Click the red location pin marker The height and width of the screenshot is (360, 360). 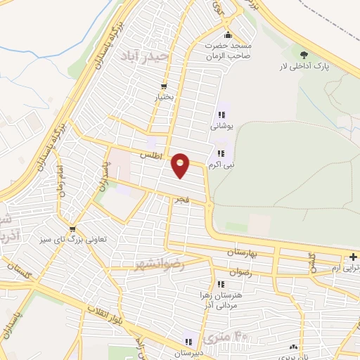click(181, 165)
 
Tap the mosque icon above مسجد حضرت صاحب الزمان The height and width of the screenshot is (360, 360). click(227, 36)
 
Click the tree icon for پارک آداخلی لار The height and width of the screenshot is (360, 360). click(304, 55)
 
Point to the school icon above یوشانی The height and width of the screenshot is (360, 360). click(221, 115)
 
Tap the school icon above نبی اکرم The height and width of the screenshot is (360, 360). click(221, 153)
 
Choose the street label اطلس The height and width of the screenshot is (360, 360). click(151, 153)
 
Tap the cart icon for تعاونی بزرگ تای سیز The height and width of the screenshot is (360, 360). click(72, 229)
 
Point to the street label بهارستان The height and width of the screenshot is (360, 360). click(243, 251)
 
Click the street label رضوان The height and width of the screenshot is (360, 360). click(240, 271)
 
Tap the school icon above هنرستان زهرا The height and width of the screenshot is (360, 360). click(221, 284)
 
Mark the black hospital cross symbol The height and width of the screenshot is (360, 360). click(353, 257)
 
